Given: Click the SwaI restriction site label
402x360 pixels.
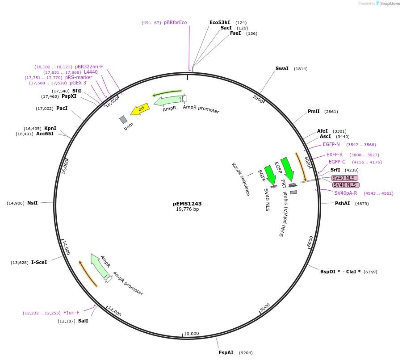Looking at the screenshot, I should (x=282, y=68).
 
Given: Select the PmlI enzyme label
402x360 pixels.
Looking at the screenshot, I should (x=314, y=111).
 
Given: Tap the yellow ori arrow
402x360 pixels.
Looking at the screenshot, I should (x=139, y=109).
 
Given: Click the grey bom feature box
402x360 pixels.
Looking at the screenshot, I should (x=123, y=120).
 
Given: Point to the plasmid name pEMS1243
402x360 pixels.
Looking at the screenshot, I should (x=187, y=203).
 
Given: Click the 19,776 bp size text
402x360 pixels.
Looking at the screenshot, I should (x=187, y=209).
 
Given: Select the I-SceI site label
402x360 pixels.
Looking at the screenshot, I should (x=39, y=262).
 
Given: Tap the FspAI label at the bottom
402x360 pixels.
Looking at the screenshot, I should (x=226, y=352).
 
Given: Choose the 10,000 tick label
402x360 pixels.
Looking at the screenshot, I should (x=192, y=333).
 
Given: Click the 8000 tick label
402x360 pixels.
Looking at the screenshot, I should (x=265, y=307).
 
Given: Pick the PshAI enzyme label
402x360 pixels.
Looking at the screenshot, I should (x=343, y=203).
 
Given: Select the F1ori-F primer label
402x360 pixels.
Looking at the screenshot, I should (x=71, y=313).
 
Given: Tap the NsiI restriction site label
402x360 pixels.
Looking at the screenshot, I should (x=32, y=203).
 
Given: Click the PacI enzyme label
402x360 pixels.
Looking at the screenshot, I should (x=62, y=108).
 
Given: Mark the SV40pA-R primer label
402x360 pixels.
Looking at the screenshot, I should (x=346, y=193).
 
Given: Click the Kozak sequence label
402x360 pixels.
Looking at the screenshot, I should (x=241, y=179).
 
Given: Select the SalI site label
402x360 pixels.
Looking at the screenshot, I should (x=83, y=321).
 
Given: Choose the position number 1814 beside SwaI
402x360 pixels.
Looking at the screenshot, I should (x=301, y=69).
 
